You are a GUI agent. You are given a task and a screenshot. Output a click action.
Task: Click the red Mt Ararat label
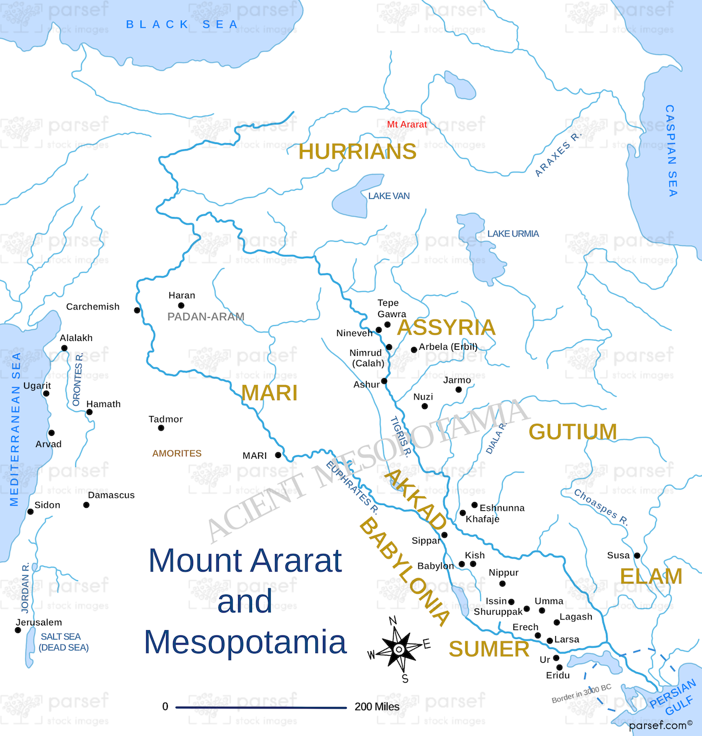point(407,124)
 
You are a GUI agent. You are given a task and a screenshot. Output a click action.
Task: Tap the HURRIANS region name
point(357,152)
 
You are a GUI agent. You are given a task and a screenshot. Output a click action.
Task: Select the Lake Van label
point(388,196)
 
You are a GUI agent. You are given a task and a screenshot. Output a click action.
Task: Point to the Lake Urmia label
point(513,233)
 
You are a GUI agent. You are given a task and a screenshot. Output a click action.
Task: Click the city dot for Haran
point(181,305)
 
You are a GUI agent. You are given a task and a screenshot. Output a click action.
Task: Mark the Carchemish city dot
point(137,310)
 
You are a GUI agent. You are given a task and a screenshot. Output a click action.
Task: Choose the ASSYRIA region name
point(446,328)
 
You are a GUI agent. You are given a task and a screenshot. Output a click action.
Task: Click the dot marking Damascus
point(87,505)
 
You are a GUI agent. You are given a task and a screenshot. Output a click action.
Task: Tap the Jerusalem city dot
point(18,630)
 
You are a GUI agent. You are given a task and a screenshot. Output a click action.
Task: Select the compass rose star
point(398,649)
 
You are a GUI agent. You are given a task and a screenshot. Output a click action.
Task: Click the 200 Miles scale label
point(377,707)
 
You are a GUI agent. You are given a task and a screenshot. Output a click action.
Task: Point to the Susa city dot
point(637,556)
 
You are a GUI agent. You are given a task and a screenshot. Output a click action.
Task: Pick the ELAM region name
point(651,576)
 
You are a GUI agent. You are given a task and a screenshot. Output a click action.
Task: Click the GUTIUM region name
point(573,432)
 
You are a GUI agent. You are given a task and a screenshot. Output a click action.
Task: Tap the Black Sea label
point(182,25)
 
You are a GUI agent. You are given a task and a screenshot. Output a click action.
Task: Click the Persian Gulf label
point(675,697)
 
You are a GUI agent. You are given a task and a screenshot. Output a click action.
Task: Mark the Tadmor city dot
point(161,428)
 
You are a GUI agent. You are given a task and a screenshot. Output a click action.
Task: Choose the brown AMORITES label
point(177,453)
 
